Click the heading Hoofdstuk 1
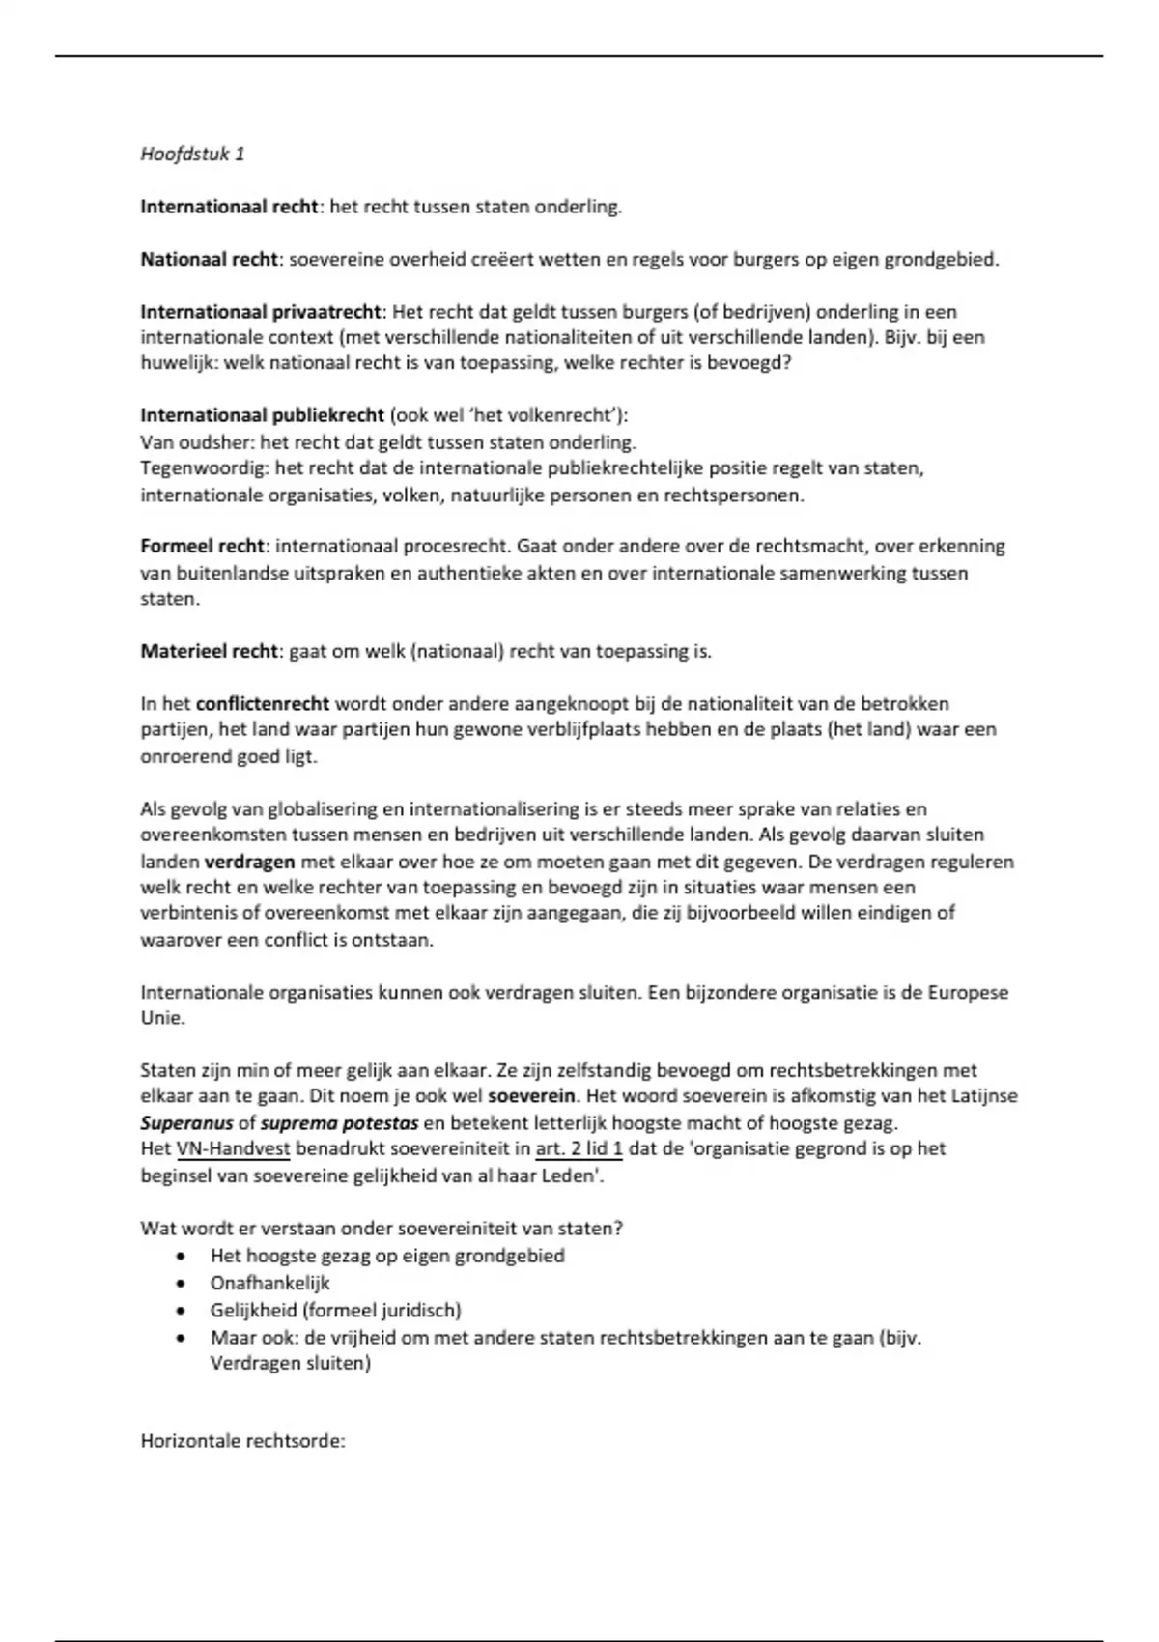pyautogui.click(x=192, y=154)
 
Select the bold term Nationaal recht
pyautogui.click(x=210, y=259)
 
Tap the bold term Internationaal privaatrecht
pyautogui.click(x=262, y=312)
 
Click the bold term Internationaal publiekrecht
pyautogui.click(x=262, y=415)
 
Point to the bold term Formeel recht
pyautogui.click(x=201, y=546)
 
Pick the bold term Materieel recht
pyautogui.click(x=209, y=651)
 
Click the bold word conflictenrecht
pyautogui.click(x=263, y=703)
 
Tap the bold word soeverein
pyautogui.click(x=531, y=1096)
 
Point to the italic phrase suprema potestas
pyautogui.click(x=339, y=1123)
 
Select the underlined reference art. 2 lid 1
pyautogui.click(x=579, y=1148)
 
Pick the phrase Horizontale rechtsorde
pyautogui.click(x=242, y=1441)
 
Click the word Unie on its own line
pyautogui.click(x=161, y=1018)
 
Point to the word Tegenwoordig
pyautogui.click(x=203, y=468)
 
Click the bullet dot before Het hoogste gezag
pyautogui.click(x=181, y=1257)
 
